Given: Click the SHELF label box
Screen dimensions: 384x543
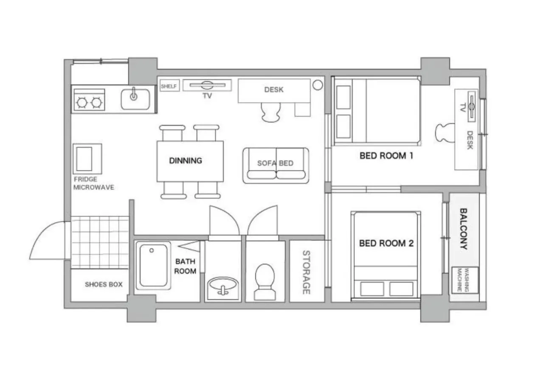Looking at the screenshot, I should [x=169, y=86].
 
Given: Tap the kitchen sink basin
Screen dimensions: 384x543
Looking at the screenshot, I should [x=135, y=99].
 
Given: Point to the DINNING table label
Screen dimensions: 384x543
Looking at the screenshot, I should [x=186, y=161].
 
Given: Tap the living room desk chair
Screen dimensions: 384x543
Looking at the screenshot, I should [x=271, y=112].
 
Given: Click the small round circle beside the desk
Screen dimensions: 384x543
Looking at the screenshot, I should [x=318, y=84].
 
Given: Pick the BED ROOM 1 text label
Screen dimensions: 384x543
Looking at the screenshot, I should [x=386, y=156].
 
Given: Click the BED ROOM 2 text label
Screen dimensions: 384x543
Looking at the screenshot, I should [x=386, y=244].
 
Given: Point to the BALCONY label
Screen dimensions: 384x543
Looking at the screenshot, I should [x=464, y=228].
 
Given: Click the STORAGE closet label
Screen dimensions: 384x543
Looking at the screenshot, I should [x=306, y=272].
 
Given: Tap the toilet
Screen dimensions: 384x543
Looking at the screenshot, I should [x=265, y=281].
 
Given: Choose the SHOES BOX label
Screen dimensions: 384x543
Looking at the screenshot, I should [x=104, y=284].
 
